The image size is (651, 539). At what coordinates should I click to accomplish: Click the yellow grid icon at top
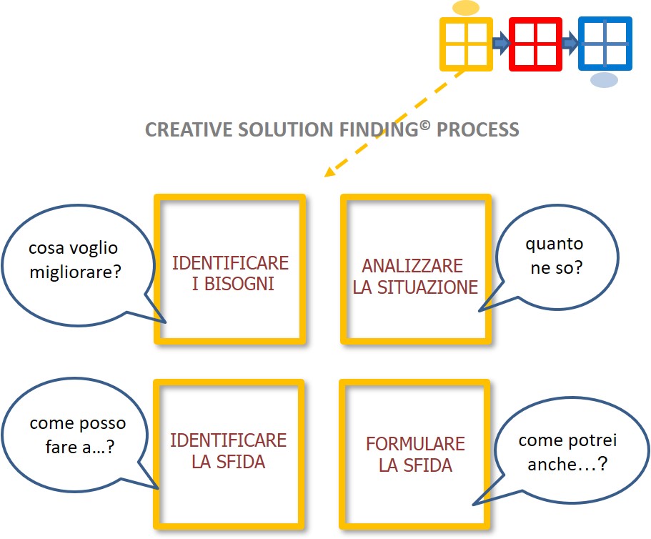pos(466,44)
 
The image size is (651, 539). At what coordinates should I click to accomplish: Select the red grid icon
pos(535,44)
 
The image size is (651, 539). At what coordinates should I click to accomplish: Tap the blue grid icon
pos(605,44)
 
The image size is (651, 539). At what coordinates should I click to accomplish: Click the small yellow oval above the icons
pos(466,9)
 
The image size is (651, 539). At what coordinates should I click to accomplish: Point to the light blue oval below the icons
pos(604,80)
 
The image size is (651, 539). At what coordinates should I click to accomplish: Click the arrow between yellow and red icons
pos(501,44)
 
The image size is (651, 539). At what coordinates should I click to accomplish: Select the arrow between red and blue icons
pos(570,44)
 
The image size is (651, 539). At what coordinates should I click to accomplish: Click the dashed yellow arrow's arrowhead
pos(329,172)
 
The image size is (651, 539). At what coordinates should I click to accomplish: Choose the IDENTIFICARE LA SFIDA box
pos(228,450)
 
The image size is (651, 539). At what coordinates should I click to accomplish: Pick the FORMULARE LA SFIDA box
pos(415,454)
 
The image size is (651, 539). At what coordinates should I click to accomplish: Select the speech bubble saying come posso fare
pos(76,436)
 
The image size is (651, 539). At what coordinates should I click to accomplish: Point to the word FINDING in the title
pos(382,130)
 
